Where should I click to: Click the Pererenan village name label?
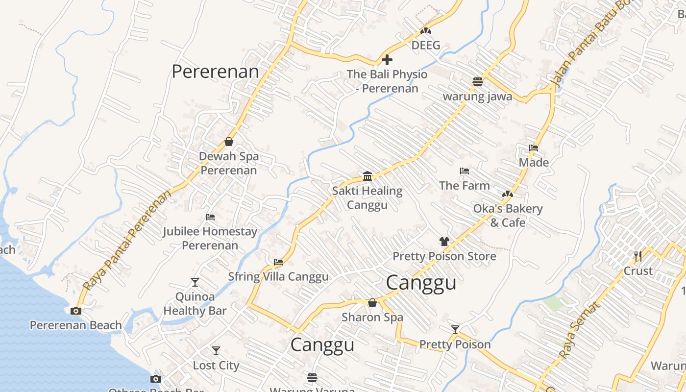pos(215,72)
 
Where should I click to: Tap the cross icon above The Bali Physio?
pos(387,60)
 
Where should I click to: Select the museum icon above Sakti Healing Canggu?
pos(367,176)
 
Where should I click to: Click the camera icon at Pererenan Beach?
pos(75,310)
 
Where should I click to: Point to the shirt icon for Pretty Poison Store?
pos(444,241)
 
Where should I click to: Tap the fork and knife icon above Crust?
pos(637,256)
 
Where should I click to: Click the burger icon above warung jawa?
pos(478,81)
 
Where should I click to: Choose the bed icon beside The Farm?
pos(465,171)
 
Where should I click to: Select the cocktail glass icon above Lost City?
pos(216,351)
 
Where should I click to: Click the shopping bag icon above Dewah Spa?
pos(229,142)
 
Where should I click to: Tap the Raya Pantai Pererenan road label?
pos(128,240)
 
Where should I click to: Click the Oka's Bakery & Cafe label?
pos(508,216)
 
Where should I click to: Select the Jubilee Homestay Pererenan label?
pos(210,238)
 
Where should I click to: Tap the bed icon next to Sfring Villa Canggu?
pos(278,262)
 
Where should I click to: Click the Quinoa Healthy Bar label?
pos(195,304)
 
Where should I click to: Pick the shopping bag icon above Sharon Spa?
pos(372,303)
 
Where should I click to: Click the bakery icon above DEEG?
pos(425,31)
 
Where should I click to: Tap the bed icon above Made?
pos(534,147)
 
